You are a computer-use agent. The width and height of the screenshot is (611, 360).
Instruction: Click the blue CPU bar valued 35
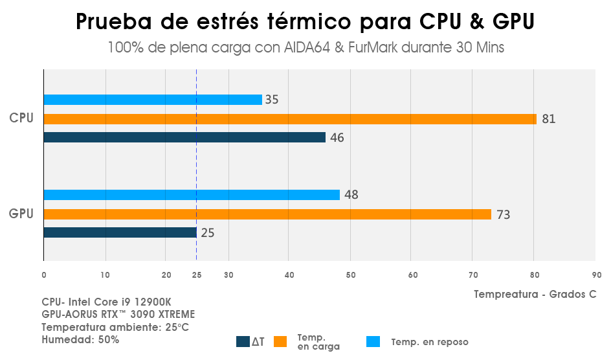153,100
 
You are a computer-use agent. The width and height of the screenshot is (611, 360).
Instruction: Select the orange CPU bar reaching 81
290,119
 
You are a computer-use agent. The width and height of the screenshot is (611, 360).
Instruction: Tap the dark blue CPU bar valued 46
184,137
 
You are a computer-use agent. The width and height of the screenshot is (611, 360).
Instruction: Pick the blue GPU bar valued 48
192,195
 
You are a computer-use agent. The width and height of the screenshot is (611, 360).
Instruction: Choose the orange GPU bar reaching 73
267,214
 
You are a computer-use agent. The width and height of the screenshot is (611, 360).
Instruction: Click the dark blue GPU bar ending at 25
120,232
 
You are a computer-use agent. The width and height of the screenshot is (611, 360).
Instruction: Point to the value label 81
549,119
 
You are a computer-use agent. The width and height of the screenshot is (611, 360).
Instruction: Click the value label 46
337,137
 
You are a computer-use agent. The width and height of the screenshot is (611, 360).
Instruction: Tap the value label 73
503,214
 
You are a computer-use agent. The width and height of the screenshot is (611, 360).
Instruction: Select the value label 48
351,195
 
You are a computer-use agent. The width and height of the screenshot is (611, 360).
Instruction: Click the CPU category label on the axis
21,118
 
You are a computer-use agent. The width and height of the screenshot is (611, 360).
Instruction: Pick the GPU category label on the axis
21,213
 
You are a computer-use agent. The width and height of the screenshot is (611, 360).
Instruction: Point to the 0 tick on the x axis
43,275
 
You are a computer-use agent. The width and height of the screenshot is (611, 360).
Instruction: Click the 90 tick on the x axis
596,275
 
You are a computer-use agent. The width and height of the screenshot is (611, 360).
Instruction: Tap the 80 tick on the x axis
534,275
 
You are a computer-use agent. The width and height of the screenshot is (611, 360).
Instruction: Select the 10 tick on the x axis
105,275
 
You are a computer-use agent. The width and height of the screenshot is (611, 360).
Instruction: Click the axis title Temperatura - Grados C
535,295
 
